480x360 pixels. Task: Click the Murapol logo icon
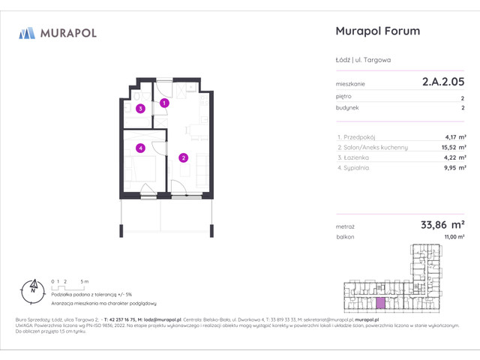pos(27,32)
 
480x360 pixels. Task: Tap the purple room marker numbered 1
pos(164,103)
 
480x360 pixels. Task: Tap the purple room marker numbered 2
pos(183,157)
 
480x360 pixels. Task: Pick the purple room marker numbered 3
pos(140,108)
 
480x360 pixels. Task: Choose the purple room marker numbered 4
pos(140,148)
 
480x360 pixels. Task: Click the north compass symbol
pos(32,286)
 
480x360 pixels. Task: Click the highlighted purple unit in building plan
pos(382,303)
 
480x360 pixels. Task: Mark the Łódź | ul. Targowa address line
pos(361,60)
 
